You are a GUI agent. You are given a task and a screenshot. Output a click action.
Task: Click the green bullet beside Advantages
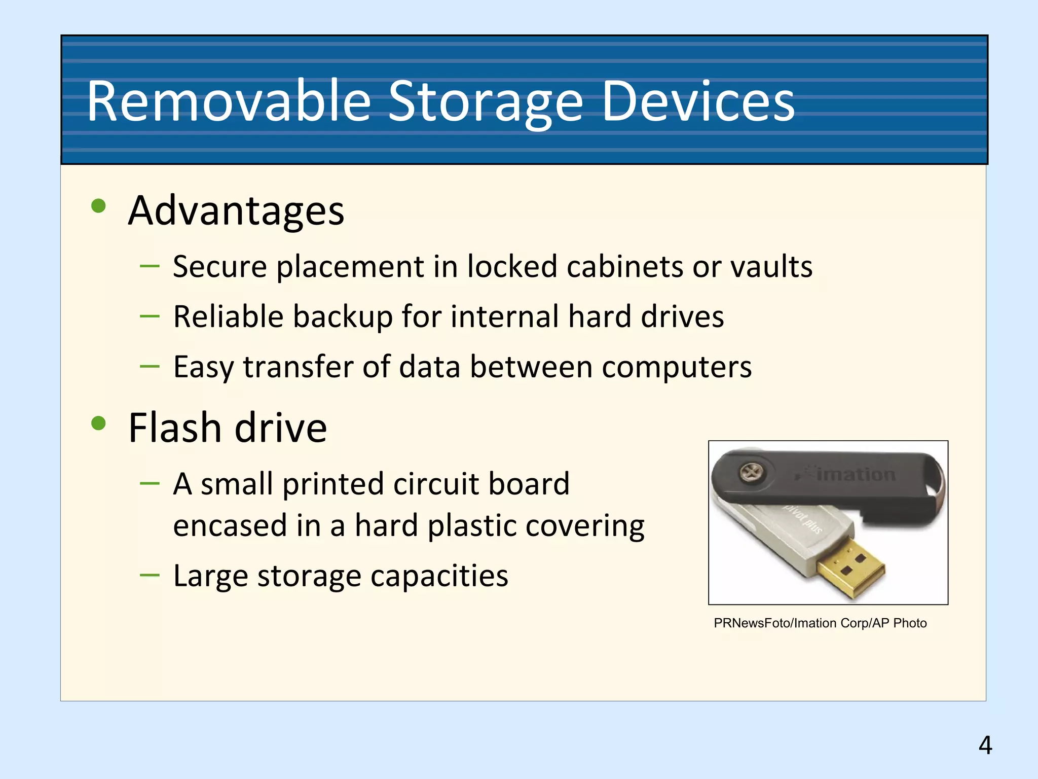pos(98,206)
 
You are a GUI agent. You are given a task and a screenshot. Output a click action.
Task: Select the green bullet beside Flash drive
pos(98,423)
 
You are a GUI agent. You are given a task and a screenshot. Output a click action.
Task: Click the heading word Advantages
pos(236,210)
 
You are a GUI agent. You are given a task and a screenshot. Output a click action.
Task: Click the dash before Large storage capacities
pos(150,575)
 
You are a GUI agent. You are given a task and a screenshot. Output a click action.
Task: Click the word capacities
pos(439,576)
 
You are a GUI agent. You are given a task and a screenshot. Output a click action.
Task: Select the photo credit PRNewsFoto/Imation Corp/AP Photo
pos(820,623)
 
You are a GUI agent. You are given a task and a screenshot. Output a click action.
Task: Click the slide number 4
pos(985,745)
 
